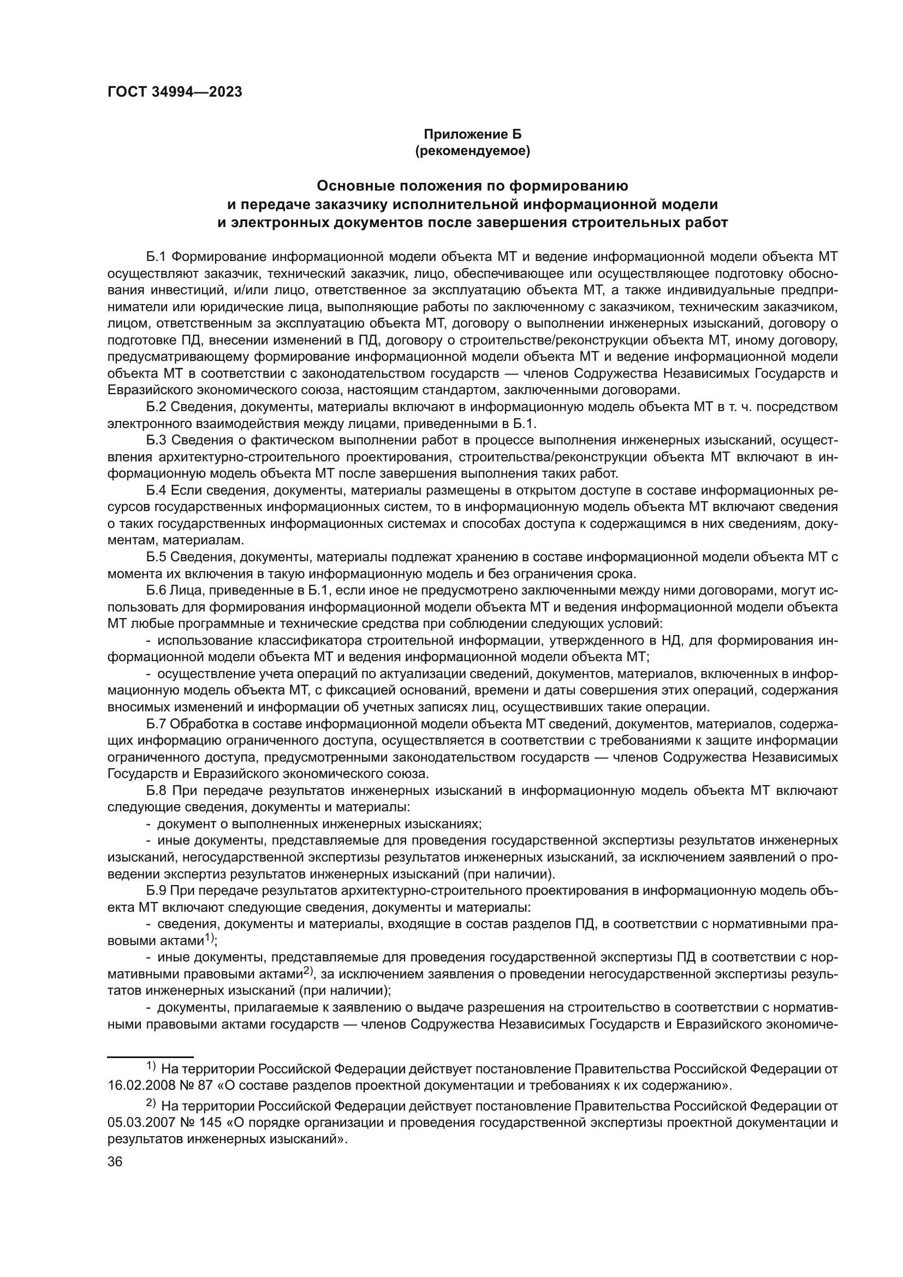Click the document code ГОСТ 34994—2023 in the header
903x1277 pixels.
(x=175, y=92)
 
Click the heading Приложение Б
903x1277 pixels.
(x=473, y=134)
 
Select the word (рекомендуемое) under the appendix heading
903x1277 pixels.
(x=473, y=151)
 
